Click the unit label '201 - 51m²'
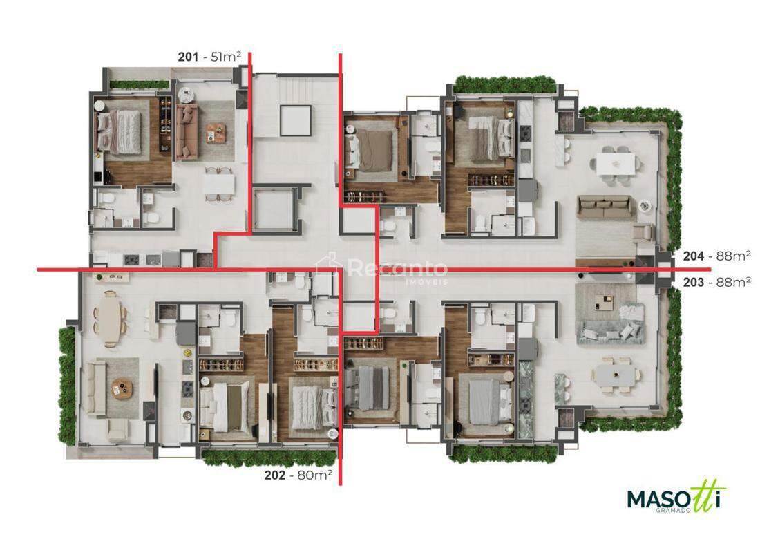pyautogui.click(x=209, y=57)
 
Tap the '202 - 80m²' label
pyautogui.click(x=298, y=475)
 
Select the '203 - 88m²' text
pyautogui.click(x=717, y=281)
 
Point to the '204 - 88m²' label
pyautogui.click(x=717, y=256)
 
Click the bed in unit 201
pyautogui.click(x=120, y=130)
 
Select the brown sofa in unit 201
pyautogui.click(x=187, y=131)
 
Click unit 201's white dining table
pyautogui.click(x=218, y=184)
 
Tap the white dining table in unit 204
pyautogui.click(x=615, y=163)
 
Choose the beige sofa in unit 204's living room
pyautogui.click(x=605, y=207)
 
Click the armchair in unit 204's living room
pyautogui.click(x=643, y=232)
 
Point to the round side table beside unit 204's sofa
pyautogui.click(x=644, y=205)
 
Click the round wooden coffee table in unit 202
pyautogui.click(x=121, y=387)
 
